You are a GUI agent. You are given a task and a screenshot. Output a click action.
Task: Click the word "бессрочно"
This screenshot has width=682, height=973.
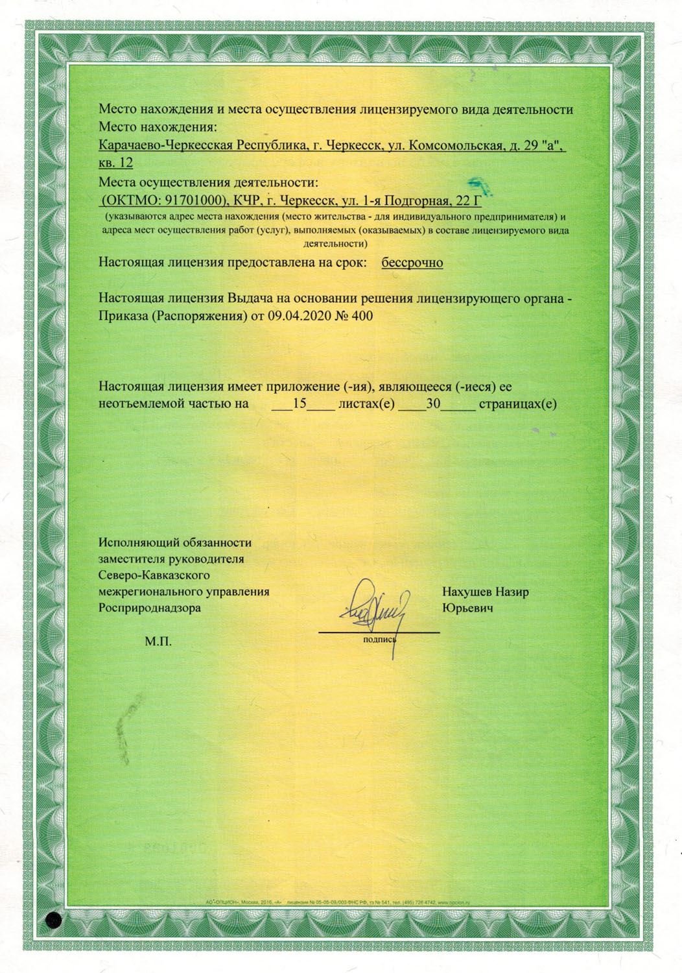pyautogui.click(x=412, y=263)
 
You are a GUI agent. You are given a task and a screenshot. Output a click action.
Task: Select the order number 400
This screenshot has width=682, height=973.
pyautogui.click(x=362, y=316)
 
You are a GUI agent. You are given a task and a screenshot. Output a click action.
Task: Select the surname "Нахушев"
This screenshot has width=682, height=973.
pyautogui.click(x=467, y=592)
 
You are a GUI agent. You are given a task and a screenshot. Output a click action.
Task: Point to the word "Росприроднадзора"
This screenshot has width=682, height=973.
pyautogui.click(x=150, y=608)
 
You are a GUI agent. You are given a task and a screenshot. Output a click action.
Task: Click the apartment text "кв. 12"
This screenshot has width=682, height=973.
pyautogui.click(x=116, y=162)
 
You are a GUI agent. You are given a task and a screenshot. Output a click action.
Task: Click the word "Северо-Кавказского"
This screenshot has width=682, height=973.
pyautogui.click(x=153, y=575)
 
